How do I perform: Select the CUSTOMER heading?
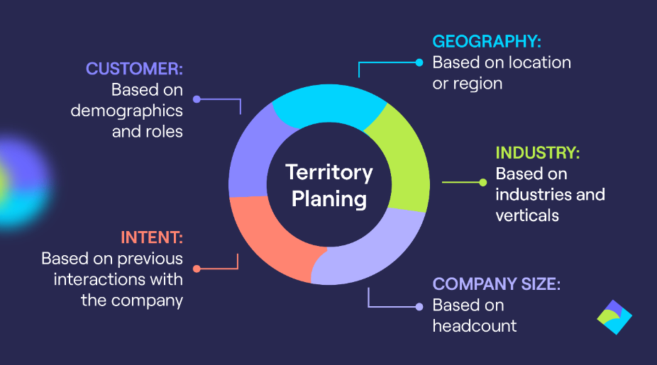tap(134, 69)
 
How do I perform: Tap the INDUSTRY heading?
tap(538, 153)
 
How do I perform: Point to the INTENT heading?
tap(151, 237)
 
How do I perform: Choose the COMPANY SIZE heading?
tap(497, 285)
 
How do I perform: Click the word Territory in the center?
tap(328, 172)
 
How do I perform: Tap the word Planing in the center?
tap(328, 198)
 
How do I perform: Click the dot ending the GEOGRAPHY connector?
tap(419, 62)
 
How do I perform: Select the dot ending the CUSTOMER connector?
tap(197, 99)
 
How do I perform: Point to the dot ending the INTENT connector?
tap(197, 269)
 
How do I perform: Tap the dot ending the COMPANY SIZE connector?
tap(419, 306)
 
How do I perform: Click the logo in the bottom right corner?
tap(614, 318)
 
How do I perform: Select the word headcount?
tap(475, 326)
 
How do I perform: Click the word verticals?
tap(527, 215)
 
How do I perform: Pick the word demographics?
tap(126, 111)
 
